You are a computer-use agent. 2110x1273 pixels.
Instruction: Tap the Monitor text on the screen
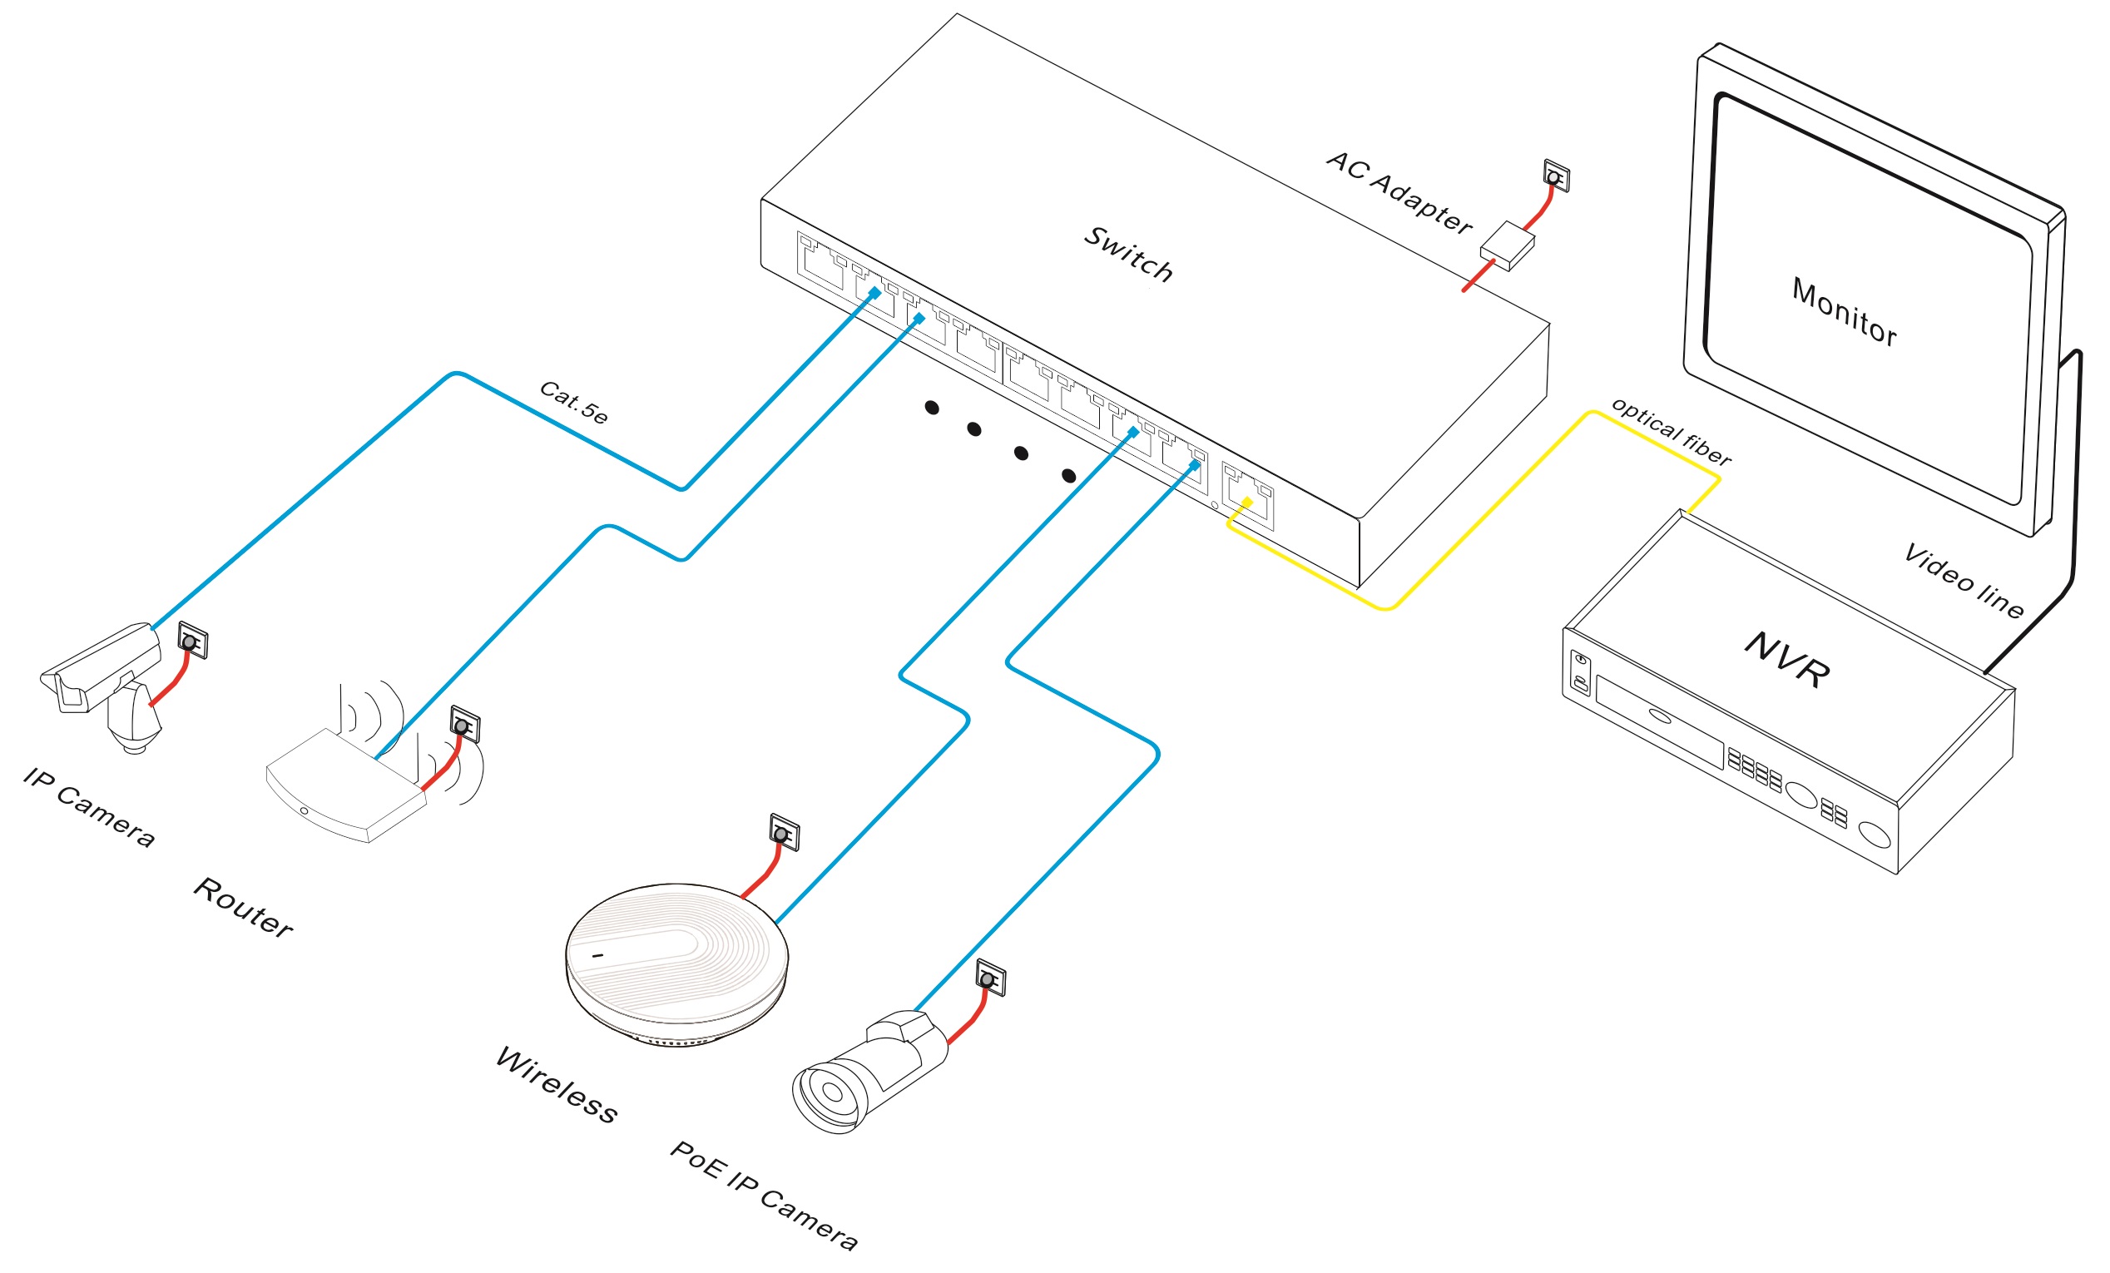(1844, 312)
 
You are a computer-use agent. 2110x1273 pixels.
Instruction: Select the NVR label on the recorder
(1787, 659)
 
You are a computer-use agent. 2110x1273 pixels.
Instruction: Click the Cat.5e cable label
(574, 403)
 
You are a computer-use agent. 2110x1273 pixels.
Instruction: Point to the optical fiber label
(1670, 432)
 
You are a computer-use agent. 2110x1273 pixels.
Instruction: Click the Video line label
(1964, 581)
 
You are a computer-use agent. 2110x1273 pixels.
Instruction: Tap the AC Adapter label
(1399, 194)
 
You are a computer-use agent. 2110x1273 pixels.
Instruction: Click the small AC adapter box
(1507, 245)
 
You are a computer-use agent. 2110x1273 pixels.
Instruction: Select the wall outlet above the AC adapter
(1556, 176)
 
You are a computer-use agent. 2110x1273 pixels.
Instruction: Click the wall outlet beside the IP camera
(192, 641)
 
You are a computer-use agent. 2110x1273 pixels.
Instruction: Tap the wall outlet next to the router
(464, 724)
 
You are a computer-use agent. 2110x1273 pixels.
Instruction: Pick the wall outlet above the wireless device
(784, 832)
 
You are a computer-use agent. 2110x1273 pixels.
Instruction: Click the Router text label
(243, 908)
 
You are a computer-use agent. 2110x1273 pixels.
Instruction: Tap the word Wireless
(556, 1086)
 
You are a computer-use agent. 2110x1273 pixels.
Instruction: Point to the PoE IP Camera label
(763, 1196)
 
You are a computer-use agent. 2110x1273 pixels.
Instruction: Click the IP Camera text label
(89, 807)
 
